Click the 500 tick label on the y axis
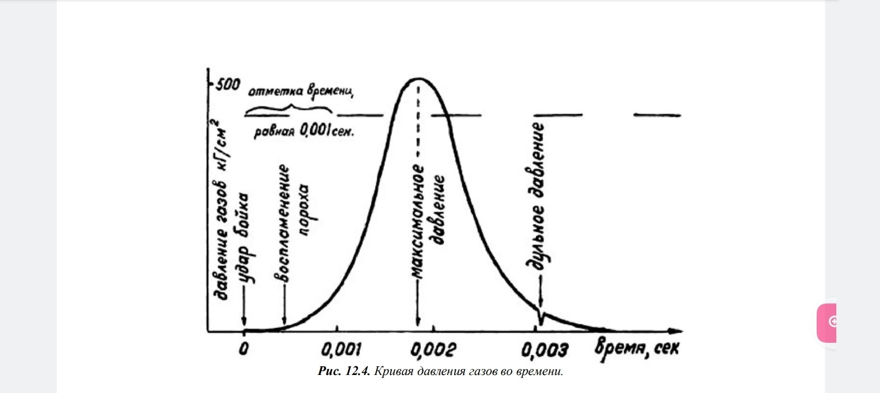228,85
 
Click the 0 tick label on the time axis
243,348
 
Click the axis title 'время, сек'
637,347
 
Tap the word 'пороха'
304,211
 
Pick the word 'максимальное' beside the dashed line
418,222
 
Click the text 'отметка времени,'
301,92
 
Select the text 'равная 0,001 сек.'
304,132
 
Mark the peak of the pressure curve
418,79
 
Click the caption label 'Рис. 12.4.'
344,372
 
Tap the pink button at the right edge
827,322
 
